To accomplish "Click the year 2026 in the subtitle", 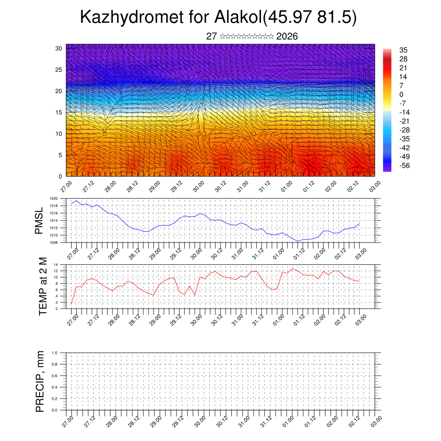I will point(287,37).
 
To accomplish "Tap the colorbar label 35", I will point(404,50).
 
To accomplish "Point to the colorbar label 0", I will point(401,94).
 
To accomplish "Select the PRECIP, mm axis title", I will point(40,381).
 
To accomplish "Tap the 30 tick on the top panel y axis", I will point(59,48).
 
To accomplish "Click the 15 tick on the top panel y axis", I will point(59,112).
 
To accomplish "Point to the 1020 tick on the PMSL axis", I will point(53,199).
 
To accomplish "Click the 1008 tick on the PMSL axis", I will point(53,242).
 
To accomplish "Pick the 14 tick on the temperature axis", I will point(56,264).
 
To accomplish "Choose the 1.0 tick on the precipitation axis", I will point(55,353).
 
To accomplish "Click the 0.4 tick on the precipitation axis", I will point(55,387).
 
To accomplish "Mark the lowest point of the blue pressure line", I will point(298,241).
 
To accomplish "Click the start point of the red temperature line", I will point(71,304).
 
